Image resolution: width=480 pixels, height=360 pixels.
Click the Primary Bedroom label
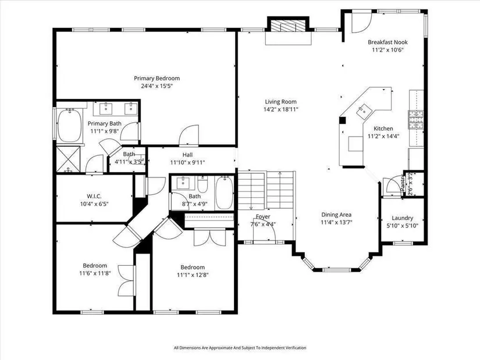pos(157,79)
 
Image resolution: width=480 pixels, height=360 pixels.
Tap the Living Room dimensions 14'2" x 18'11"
pos(280,109)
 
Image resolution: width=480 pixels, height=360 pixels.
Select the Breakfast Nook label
pos(387,42)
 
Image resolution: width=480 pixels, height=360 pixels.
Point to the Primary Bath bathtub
pos(70,126)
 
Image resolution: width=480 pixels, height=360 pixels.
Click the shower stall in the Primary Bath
pos(68,159)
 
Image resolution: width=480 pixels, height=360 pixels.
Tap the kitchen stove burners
pos(416,120)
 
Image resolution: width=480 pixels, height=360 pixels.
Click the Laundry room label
pos(402,218)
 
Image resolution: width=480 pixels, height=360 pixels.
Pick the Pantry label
pos(403,183)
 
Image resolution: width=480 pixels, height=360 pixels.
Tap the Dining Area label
pos(336,215)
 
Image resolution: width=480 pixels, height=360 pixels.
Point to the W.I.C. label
pos(94,196)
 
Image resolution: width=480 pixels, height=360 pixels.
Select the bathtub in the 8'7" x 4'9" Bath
pos(225,193)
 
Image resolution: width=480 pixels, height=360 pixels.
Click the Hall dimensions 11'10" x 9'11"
pos(188,162)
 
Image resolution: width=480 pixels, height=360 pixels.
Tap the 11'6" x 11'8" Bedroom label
pos(95,265)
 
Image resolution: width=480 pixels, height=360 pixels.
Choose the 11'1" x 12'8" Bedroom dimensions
pos(193,275)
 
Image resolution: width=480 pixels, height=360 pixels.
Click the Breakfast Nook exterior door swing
pos(361,22)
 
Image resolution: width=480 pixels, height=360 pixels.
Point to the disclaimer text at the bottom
pos(240,348)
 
